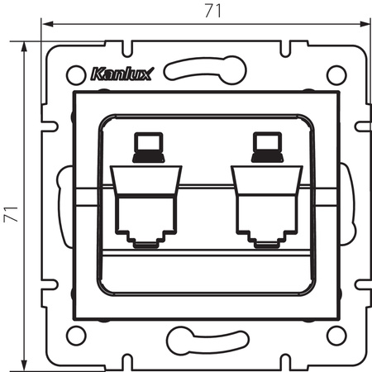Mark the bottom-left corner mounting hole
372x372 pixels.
(74, 336)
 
